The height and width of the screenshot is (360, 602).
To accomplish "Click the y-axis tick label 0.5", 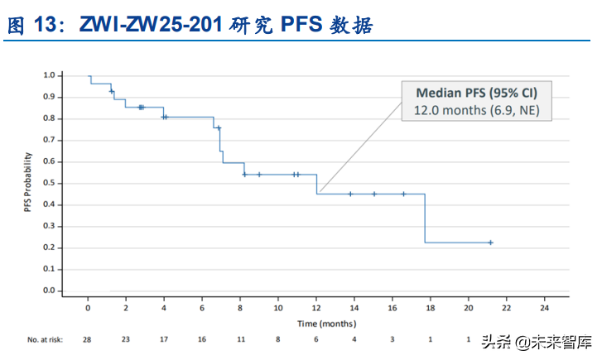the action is [49, 183].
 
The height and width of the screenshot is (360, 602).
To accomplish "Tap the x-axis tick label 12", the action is [316, 308].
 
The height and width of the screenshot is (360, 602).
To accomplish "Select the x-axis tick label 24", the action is [544, 308].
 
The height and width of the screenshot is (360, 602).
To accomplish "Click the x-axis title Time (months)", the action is [327, 324].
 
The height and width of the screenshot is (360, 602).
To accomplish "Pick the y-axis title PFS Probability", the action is [27, 182].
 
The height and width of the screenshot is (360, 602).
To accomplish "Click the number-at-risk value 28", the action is [87, 339].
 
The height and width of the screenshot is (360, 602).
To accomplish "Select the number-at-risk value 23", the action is [126, 339].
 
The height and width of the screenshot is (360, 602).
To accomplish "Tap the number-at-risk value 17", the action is [164, 339].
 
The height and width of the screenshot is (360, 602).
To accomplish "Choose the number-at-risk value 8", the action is [278, 339].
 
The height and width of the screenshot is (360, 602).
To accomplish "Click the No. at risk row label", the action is [45, 339].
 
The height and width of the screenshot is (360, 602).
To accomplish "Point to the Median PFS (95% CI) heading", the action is [477, 93].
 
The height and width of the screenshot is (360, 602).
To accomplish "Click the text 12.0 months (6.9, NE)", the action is [477, 111].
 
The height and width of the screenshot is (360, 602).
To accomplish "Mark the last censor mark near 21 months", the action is [491, 242].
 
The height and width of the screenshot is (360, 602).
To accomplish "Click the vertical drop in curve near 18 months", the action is [425, 218].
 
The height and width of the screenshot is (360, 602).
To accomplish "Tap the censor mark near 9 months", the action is [259, 175].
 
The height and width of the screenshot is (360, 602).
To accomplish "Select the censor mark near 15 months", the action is [374, 194].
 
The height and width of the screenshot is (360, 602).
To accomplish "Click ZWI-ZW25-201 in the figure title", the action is [151, 24].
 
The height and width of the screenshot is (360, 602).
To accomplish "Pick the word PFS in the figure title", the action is [301, 24].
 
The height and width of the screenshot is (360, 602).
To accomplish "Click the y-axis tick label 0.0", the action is [49, 290].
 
